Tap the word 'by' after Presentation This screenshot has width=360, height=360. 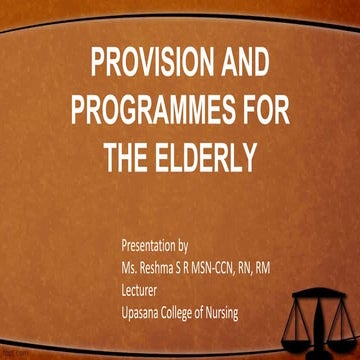[197, 244]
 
